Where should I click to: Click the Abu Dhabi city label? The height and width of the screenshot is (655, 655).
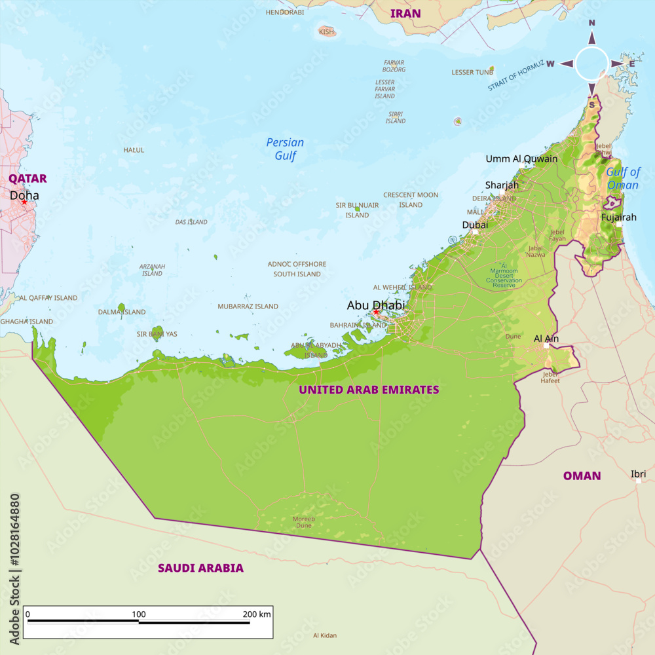point(375,305)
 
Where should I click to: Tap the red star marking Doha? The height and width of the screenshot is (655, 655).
point(24,202)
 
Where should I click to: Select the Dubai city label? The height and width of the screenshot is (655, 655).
point(475,225)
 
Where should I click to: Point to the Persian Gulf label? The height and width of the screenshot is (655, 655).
point(285,149)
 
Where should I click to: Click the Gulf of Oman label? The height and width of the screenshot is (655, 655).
point(622,178)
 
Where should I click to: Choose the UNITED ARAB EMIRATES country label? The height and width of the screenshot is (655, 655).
point(369,390)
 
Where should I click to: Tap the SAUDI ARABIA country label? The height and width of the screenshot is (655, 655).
point(200,568)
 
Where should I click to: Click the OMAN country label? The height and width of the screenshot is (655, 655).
point(582,476)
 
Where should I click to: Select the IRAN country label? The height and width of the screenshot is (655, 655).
point(405,13)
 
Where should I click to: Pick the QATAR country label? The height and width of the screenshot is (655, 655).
point(28,178)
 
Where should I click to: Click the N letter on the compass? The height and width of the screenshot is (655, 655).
point(591,23)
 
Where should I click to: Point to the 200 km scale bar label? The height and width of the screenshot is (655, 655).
point(255,614)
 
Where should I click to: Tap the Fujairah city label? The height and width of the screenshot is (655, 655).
point(618,217)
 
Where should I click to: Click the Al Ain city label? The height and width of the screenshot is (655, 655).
point(546,339)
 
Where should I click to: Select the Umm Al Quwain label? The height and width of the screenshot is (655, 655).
point(521,159)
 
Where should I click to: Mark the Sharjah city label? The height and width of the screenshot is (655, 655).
point(502,185)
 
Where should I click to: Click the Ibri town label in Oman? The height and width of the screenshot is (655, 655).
point(638,474)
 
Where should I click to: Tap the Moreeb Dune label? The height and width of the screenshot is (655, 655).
point(303,522)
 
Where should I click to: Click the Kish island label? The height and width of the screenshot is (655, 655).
point(326,31)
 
